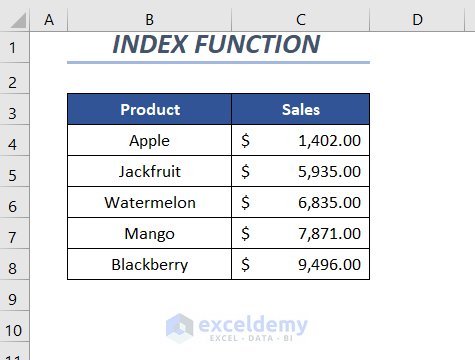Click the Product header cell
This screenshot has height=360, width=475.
[x=149, y=109]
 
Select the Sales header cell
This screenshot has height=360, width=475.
[x=301, y=109]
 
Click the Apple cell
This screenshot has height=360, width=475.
[x=149, y=140]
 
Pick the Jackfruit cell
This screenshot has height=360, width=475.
[x=149, y=171]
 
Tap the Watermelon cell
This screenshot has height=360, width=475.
[x=149, y=202]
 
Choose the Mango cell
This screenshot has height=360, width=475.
[x=149, y=233]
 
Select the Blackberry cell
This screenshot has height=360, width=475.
[x=149, y=264]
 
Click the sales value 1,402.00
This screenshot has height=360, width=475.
[x=329, y=141]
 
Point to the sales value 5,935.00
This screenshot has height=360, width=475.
[x=329, y=172]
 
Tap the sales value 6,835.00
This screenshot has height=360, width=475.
[x=329, y=203]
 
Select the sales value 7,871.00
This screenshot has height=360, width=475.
[x=329, y=234]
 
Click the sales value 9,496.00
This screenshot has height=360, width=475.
[x=329, y=265]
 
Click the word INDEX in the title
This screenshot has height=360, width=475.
[x=150, y=44]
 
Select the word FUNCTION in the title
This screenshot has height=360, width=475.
[x=257, y=44]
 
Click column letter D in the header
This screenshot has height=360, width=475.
[x=417, y=20]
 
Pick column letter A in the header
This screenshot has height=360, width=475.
[x=49, y=20]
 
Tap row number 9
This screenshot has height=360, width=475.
[x=12, y=299]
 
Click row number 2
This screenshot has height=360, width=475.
[x=12, y=82]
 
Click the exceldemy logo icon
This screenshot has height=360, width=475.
[x=179, y=328]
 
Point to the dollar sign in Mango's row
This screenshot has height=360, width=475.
[x=245, y=233]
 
